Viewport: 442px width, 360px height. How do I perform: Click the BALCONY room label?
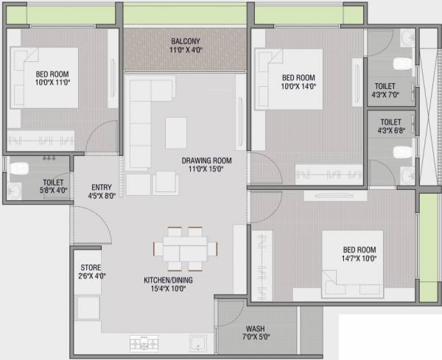pyautogui.click(x=186, y=41)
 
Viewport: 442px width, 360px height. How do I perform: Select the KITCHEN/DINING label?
pyautogui.click(x=164, y=280)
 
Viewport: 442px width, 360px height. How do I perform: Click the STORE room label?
pyautogui.click(x=91, y=267)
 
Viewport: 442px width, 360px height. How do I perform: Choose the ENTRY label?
pyautogui.click(x=101, y=187)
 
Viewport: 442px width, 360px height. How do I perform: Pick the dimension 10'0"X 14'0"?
pyautogui.click(x=298, y=86)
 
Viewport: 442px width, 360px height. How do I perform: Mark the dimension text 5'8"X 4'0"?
pyautogui.click(x=53, y=190)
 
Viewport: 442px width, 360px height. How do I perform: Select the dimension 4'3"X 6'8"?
pyautogui.click(x=390, y=131)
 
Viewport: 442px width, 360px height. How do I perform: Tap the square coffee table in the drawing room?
pyautogui.click(x=175, y=133)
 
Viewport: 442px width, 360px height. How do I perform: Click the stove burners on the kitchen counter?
pyautogui.click(x=145, y=342)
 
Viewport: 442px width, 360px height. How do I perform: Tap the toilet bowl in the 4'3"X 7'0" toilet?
pyautogui.click(x=403, y=62)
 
